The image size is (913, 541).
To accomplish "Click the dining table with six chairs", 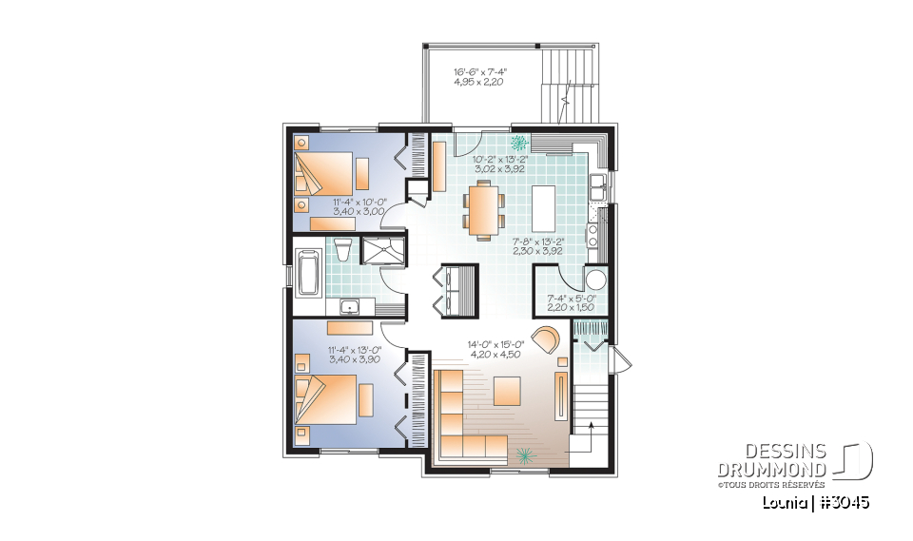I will [484, 209].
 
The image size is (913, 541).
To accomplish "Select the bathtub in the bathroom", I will [308, 272].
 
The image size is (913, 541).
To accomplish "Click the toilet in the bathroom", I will [343, 252].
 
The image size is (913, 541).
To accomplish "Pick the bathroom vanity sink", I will [349, 306].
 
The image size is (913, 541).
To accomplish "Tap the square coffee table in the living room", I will [506, 391].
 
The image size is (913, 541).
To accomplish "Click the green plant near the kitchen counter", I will [519, 144].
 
